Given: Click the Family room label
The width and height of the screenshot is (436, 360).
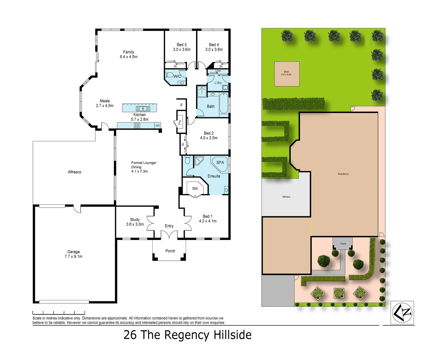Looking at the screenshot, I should point(128,52).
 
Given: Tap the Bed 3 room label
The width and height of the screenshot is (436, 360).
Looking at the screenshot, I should point(181,45).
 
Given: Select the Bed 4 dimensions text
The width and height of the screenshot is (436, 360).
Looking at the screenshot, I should point(214,50).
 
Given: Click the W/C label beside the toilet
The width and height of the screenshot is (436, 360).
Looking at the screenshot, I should point(177,76).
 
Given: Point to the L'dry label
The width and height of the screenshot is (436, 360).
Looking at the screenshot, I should point(218,83).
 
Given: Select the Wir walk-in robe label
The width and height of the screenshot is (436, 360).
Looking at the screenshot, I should point(195,189).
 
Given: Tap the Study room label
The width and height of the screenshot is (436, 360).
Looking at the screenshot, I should point(135,220).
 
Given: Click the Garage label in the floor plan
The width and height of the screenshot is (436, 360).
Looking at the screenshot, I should point(73,252).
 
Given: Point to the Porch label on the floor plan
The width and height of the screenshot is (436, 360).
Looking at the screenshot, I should point(170,251).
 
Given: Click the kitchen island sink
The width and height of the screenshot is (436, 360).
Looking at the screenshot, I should point(143,109).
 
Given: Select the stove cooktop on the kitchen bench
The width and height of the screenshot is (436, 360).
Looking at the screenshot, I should point(137,125).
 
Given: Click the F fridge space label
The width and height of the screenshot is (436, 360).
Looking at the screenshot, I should point(182,105).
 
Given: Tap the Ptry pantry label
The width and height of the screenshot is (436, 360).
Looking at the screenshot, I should point(180,122).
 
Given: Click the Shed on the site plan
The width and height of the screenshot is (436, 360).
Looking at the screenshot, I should point(287,74).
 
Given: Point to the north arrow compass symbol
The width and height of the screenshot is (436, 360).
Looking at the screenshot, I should point(402,313).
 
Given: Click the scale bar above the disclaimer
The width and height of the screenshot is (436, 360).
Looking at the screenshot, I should point(59,313).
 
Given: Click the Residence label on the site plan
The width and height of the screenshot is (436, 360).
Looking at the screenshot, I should point(343,174).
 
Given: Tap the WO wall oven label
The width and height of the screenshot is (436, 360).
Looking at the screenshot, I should point(158,126).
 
